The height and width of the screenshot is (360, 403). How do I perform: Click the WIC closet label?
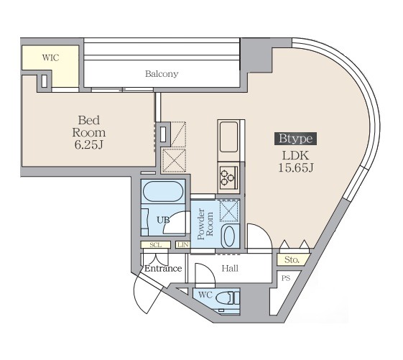point(50,57)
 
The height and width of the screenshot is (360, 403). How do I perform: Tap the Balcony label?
point(162,74)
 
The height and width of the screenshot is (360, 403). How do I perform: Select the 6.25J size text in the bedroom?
point(89,144)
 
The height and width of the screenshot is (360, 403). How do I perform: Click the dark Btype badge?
point(295,139)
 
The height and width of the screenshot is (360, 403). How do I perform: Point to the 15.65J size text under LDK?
point(296,168)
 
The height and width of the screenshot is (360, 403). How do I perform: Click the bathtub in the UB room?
point(163,192)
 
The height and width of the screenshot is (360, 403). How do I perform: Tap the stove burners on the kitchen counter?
point(228,176)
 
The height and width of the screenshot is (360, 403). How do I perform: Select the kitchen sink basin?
point(228,137)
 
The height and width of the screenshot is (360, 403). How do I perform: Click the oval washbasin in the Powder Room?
point(229,236)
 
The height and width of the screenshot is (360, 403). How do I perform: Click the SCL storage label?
point(156,245)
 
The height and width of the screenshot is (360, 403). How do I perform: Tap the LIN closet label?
point(183,245)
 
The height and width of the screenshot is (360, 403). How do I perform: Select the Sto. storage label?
point(292,259)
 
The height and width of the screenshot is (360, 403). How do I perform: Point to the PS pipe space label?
point(286,278)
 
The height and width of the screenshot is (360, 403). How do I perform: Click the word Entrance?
point(163,269)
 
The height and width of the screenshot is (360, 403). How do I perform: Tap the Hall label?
point(230,269)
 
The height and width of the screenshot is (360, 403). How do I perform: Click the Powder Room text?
point(205,223)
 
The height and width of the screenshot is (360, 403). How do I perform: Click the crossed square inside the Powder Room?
point(228,211)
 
